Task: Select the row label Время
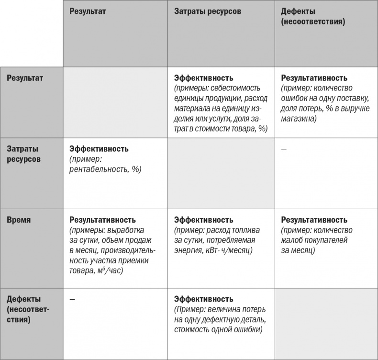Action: (19, 220)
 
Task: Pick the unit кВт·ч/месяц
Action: (225, 250)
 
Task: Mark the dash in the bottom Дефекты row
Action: (72, 299)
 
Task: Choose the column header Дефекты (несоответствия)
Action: (313, 16)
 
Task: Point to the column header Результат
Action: (87, 11)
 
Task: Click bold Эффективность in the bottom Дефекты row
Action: (204, 299)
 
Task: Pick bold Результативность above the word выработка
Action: (103, 220)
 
